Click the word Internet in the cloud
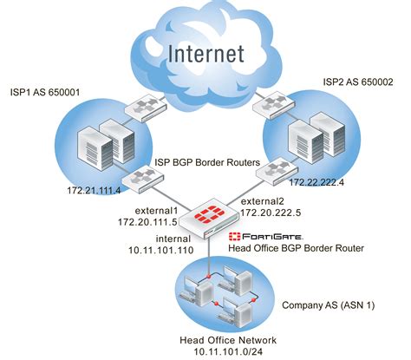205,54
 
